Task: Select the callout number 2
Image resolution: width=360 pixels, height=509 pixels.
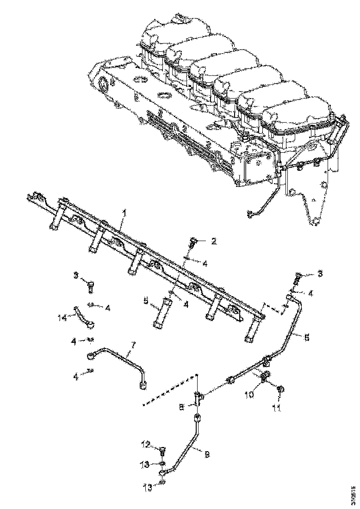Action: [214, 241]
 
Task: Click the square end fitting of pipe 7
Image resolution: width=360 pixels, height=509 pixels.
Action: [143, 384]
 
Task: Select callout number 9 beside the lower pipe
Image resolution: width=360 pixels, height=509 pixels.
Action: [207, 455]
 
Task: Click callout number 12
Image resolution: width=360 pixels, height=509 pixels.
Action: [146, 445]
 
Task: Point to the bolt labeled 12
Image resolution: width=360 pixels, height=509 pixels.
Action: [162, 449]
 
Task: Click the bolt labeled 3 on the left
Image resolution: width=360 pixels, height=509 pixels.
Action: [90, 285]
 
